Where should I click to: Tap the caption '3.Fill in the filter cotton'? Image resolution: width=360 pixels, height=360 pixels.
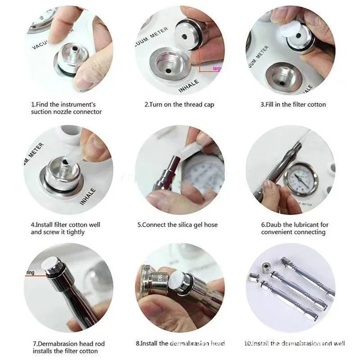293,105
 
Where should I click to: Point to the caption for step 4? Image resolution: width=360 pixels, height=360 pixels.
65,228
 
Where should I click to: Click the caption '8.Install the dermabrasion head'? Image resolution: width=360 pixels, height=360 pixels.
180,344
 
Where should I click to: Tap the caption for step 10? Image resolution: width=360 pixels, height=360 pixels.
293,344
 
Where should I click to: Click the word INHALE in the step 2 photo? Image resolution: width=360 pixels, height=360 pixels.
189,85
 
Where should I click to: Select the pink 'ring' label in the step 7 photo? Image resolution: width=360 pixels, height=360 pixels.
29,272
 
